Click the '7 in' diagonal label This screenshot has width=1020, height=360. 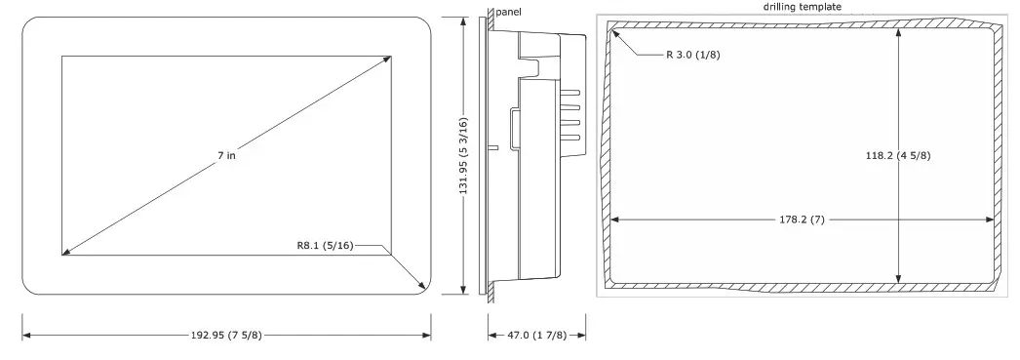pyautogui.click(x=226, y=155)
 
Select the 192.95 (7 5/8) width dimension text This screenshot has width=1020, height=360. pyautogui.click(x=226, y=336)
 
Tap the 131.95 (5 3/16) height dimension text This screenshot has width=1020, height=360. pyautogui.click(x=463, y=155)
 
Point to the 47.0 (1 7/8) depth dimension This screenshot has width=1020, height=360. pyautogui.click(x=536, y=336)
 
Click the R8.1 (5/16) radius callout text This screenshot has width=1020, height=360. pyautogui.click(x=325, y=246)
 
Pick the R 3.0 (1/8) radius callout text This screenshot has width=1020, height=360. pyautogui.click(x=692, y=55)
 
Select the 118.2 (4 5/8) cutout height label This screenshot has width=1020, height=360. pyautogui.click(x=898, y=155)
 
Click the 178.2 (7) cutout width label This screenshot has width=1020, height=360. pyautogui.click(x=802, y=220)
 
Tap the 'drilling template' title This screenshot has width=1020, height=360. pyautogui.click(x=803, y=7)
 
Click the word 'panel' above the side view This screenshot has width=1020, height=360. pyautogui.click(x=508, y=12)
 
